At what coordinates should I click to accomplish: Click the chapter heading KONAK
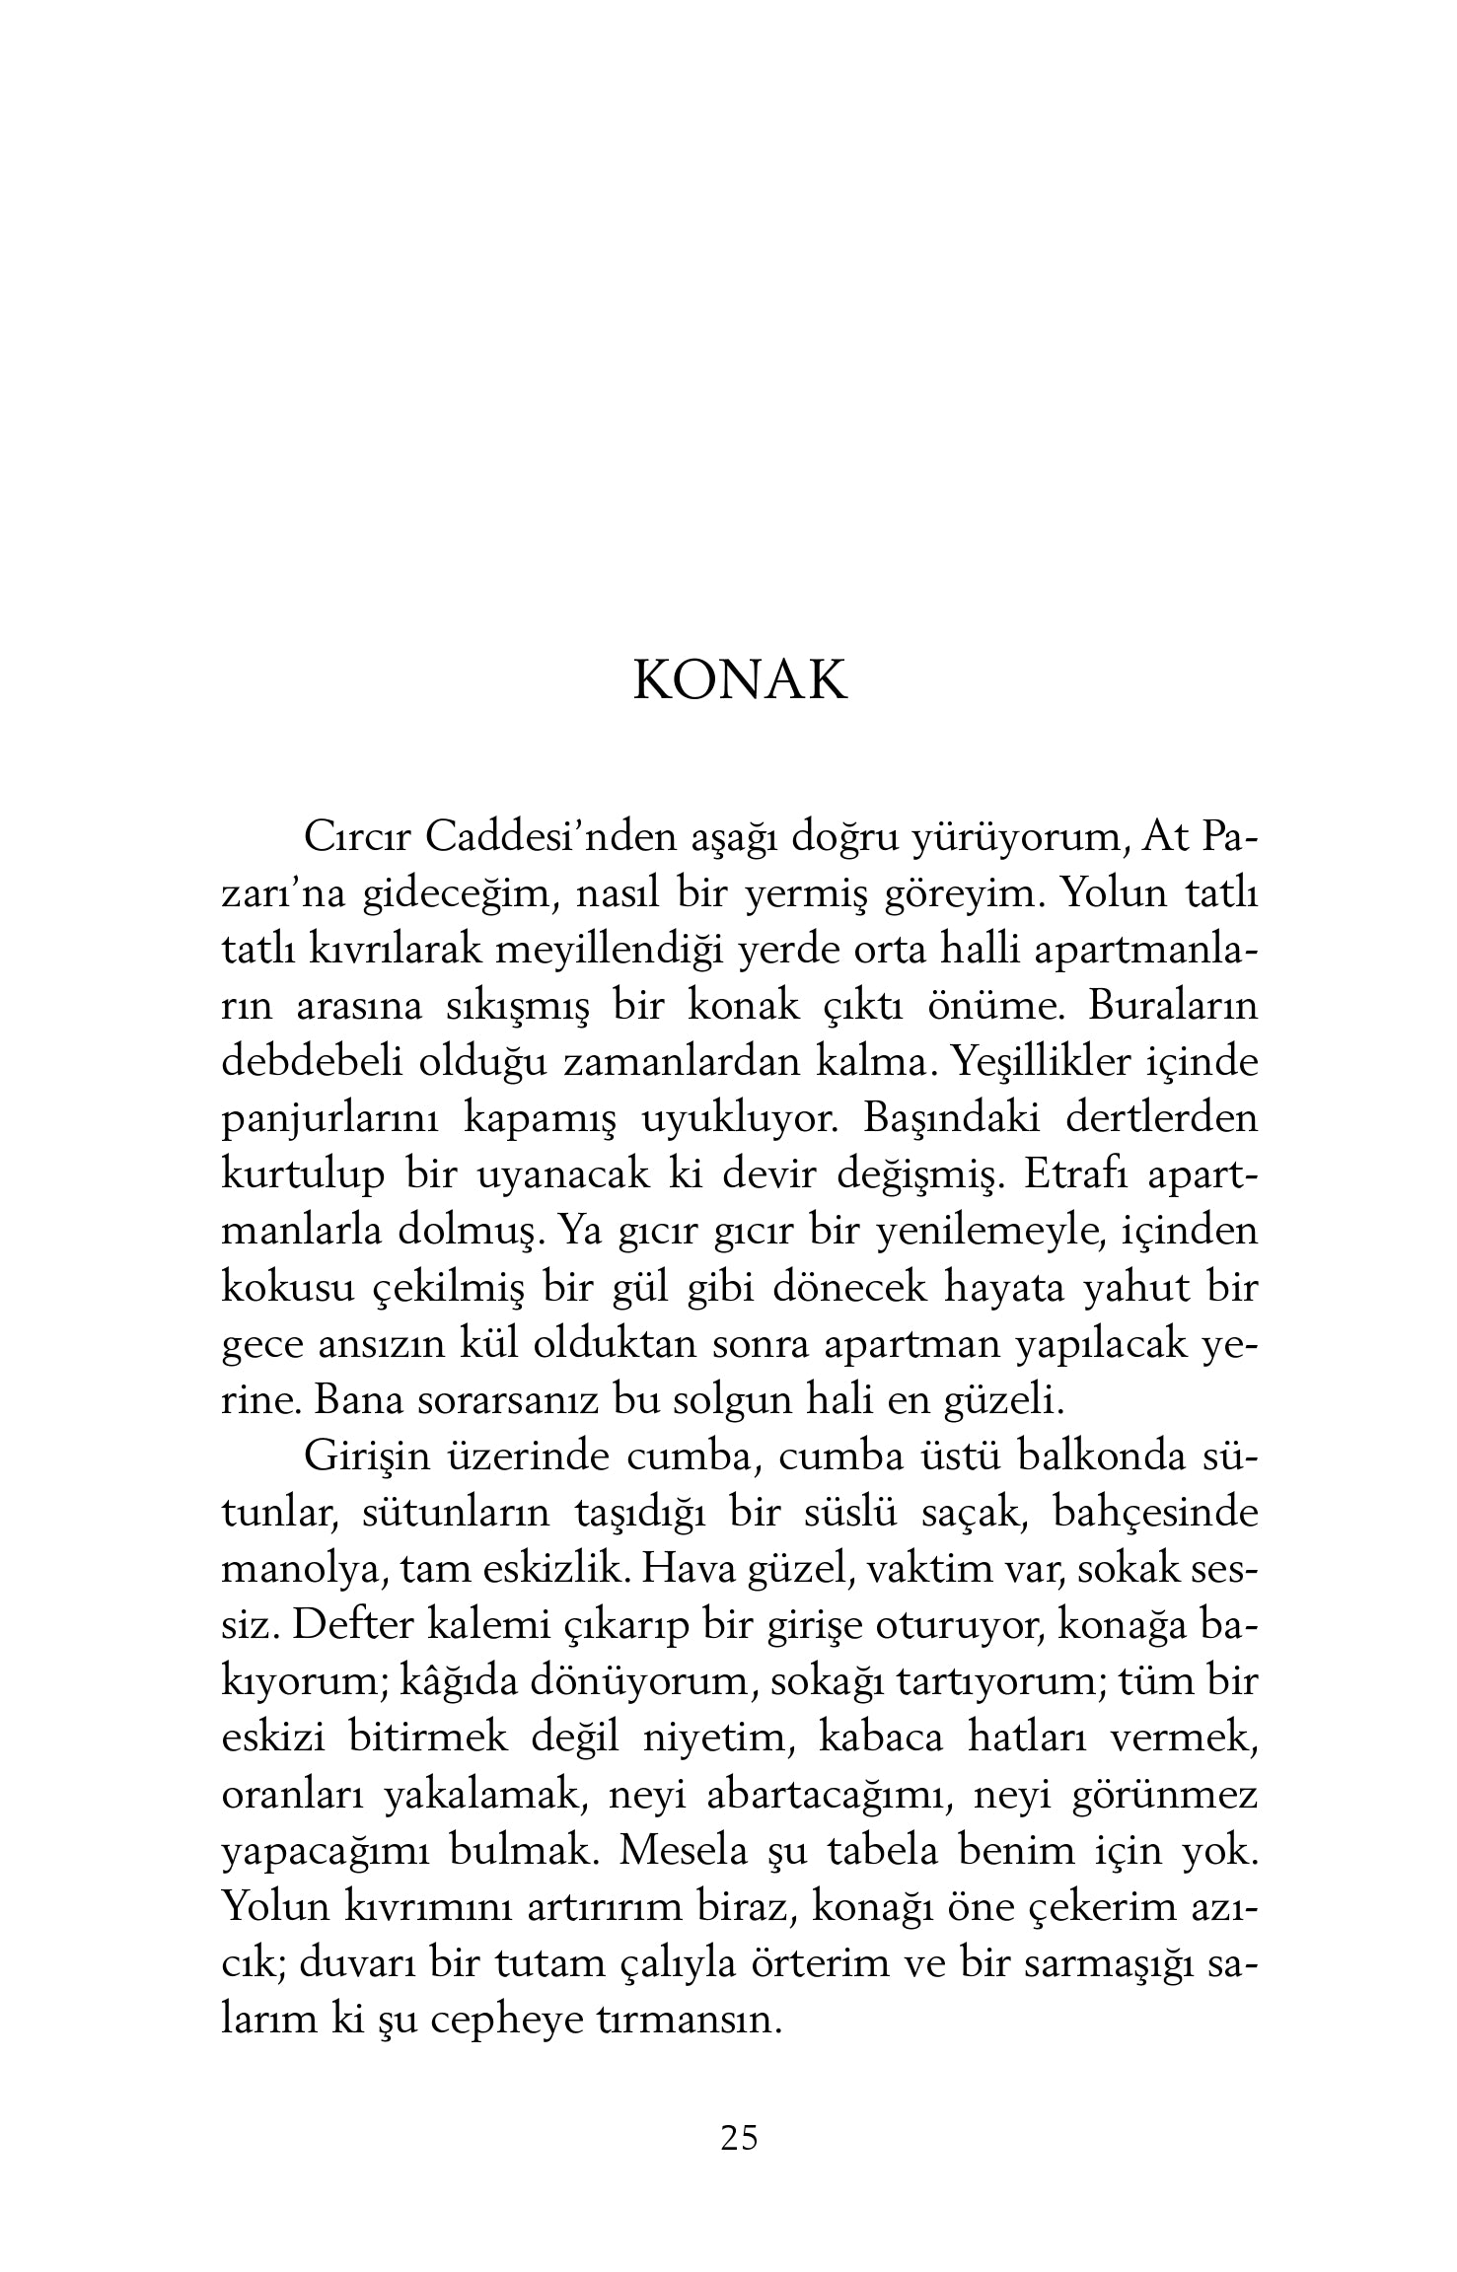[739, 679]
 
